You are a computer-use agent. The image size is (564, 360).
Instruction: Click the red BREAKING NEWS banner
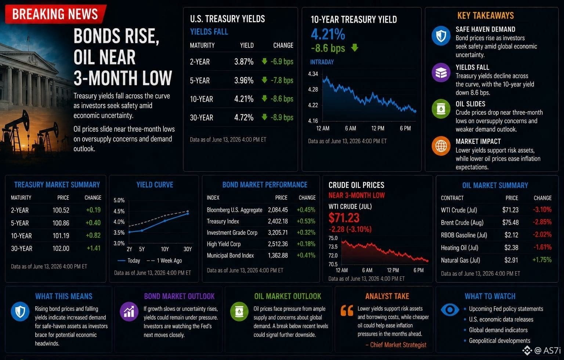click(56, 14)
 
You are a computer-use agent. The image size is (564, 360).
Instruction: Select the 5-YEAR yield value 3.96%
click(244, 80)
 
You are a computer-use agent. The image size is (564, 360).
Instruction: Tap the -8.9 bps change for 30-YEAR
click(282, 117)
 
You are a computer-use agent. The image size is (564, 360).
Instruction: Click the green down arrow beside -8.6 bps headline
click(355, 48)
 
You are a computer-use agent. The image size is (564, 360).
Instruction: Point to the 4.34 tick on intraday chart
click(313, 74)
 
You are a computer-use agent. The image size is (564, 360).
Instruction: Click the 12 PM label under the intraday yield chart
click(378, 128)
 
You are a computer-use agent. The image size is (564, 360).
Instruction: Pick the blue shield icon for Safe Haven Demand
click(441, 36)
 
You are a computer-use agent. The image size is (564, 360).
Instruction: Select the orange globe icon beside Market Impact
click(441, 146)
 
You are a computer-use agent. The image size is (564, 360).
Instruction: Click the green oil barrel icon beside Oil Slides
click(441, 109)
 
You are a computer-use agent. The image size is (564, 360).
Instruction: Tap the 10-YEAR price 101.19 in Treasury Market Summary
click(61, 236)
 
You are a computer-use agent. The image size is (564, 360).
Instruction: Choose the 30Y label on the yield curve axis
click(188, 249)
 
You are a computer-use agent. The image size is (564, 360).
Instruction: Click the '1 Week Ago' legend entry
click(164, 261)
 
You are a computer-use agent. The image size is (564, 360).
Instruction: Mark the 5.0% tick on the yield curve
click(119, 200)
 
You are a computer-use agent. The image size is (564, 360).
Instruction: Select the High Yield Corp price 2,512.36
click(278, 244)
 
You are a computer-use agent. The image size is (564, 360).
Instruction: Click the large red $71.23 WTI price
click(344, 218)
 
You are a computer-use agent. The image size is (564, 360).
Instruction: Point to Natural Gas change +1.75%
click(542, 260)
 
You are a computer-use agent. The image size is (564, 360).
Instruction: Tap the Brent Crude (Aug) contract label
click(462, 223)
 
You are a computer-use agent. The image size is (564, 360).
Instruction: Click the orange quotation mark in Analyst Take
click(347, 311)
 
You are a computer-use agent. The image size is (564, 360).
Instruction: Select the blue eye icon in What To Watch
click(450, 310)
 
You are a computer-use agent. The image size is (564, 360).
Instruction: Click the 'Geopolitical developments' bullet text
click(499, 341)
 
